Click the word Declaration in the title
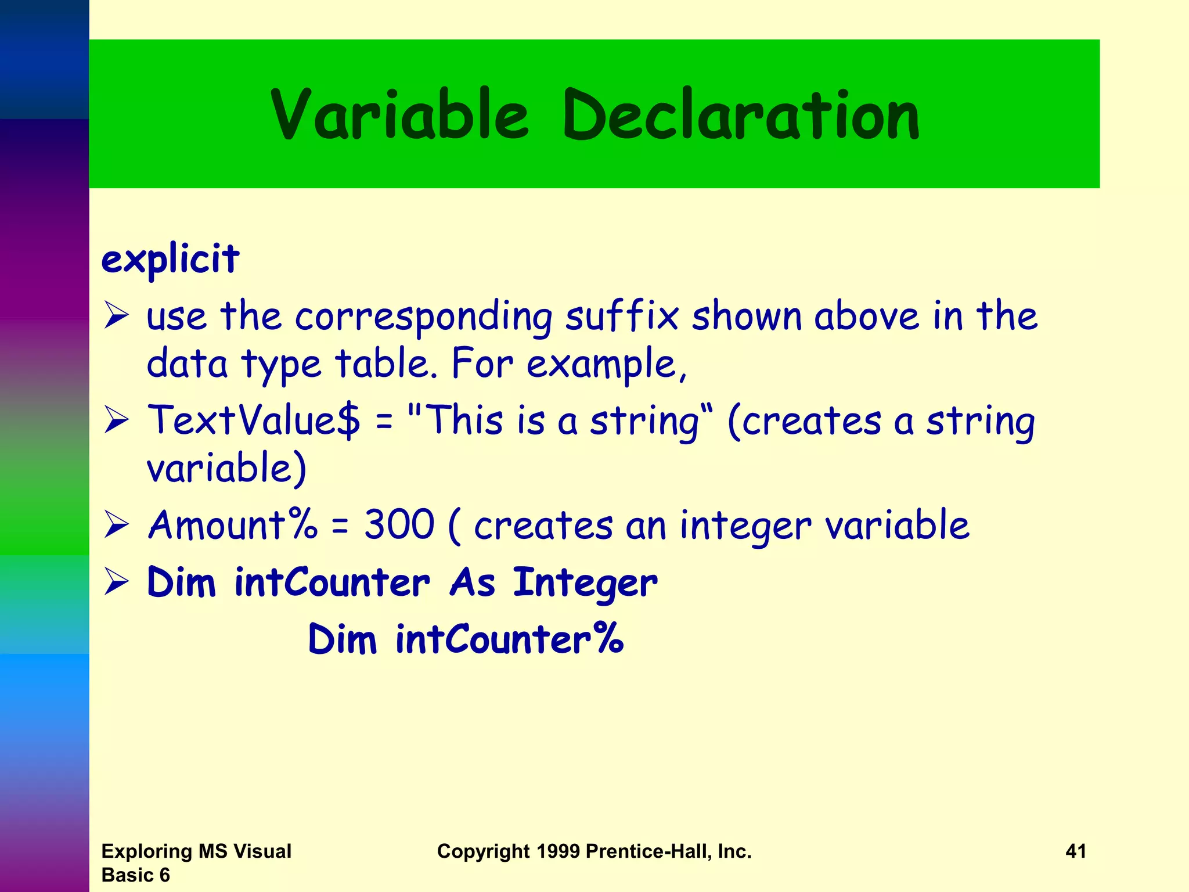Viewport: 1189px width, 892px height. (741, 114)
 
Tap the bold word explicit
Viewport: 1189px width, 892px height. (170, 259)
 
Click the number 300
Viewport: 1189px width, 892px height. (399, 524)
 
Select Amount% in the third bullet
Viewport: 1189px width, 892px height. (233, 524)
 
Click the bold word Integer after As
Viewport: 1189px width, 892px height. (585, 583)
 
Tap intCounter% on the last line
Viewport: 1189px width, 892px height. (509, 639)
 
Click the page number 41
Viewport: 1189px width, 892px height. (1076, 851)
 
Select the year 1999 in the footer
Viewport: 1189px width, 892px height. (558, 851)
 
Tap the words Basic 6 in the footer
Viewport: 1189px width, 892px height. (135, 875)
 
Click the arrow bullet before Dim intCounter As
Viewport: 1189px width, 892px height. (117, 582)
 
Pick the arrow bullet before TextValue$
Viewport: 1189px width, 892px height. (117, 420)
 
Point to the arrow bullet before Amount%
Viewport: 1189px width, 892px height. (117, 525)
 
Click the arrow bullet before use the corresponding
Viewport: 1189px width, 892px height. (117, 317)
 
